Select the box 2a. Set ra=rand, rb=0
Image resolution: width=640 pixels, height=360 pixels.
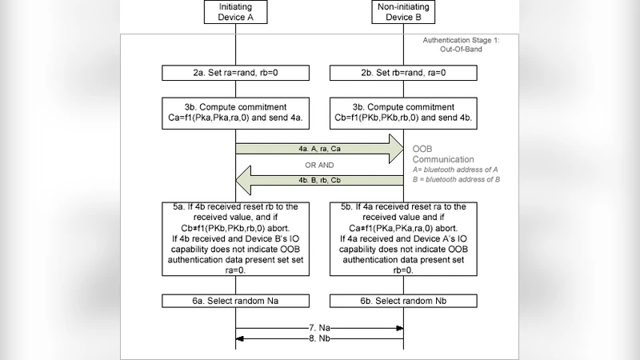(235, 74)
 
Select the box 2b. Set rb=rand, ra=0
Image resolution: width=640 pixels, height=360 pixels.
(402, 74)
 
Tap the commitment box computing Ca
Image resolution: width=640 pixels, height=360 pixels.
(235, 113)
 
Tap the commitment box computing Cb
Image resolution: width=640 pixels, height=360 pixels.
(402, 113)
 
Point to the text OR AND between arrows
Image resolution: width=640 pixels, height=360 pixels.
(318, 166)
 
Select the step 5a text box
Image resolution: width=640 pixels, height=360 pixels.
(235, 238)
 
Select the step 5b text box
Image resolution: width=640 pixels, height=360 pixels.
(402, 238)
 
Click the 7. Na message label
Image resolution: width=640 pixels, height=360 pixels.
(318, 328)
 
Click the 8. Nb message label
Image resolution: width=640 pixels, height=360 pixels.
(318, 338)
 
